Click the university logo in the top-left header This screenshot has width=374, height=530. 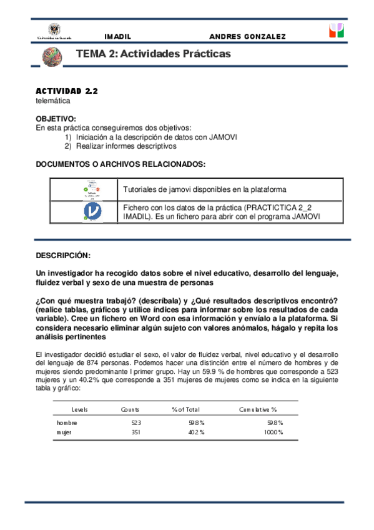(x=55, y=32)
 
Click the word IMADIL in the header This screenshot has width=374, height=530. (x=117, y=37)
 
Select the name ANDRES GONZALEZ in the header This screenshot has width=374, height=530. (x=247, y=37)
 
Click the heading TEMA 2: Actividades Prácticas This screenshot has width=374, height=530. (x=153, y=54)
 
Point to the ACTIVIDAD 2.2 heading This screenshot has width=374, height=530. (x=67, y=91)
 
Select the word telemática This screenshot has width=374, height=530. (x=53, y=100)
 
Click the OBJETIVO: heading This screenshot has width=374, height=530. (x=56, y=119)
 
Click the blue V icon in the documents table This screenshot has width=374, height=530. (x=92, y=212)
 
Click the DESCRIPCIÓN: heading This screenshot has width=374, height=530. (x=63, y=256)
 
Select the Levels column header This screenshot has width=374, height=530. (x=79, y=409)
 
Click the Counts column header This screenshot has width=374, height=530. (x=130, y=409)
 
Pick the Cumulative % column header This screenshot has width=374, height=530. (x=258, y=409)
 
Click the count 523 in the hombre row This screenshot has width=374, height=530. (x=135, y=423)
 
